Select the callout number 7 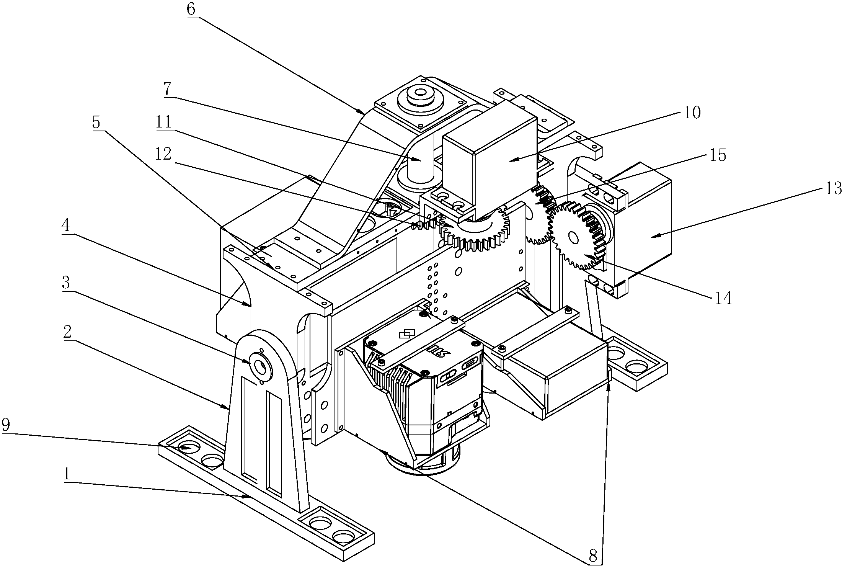pyautogui.click(x=167, y=89)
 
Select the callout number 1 pyautogui.click(x=67, y=475)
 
